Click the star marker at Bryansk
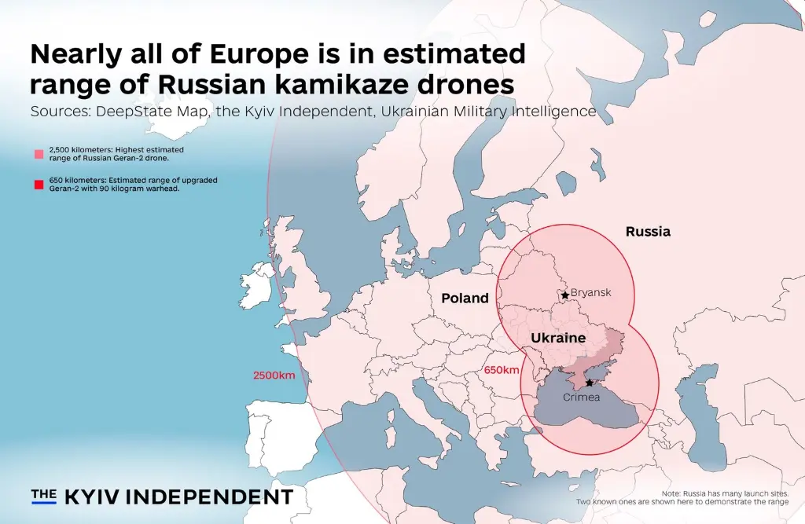point(564,295)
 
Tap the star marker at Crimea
point(589,383)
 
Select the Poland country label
point(465,299)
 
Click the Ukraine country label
point(558,338)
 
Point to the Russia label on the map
point(648,232)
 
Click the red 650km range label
point(502,370)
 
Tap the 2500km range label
point(274,375)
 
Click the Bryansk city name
point(590,293)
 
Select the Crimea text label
point(581,398)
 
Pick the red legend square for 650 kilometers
point(39,185)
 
